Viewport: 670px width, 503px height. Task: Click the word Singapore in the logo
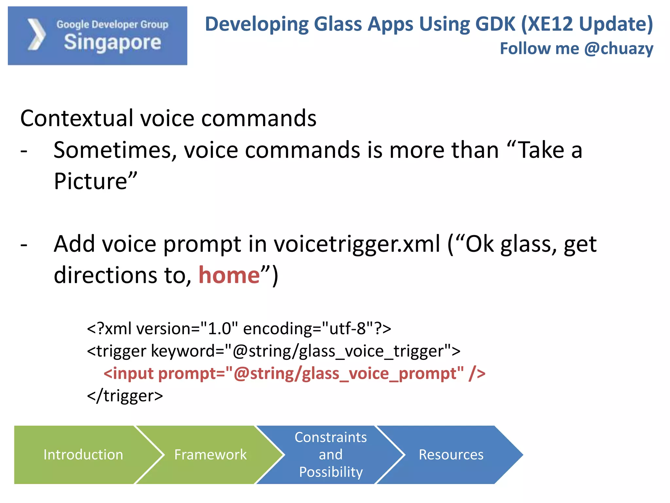(112, 43)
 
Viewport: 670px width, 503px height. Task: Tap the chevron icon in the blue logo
(36, 35)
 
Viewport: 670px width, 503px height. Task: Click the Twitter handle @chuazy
(618, 49)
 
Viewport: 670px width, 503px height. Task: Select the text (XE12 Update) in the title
(586, 24)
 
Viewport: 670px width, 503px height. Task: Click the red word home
(229, 275)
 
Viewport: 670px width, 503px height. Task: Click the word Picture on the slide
(91, 181)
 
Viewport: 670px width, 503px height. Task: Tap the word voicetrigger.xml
(357, 244)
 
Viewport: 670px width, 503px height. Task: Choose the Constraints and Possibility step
(330, 455)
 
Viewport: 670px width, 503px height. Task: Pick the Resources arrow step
(451, 455)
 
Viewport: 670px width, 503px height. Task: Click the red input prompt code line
(294, 374)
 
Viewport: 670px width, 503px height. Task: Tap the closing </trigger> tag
(125, 396)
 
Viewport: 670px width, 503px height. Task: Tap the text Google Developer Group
(112, 25)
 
